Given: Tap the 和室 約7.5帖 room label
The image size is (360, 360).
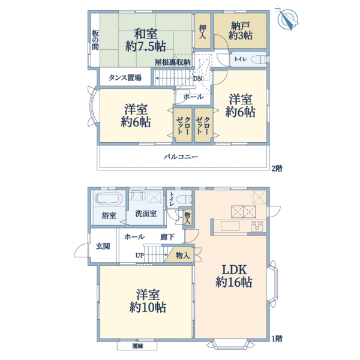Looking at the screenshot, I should (x=146, y=38).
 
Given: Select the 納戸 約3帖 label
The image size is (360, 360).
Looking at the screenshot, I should (x=241, y=31).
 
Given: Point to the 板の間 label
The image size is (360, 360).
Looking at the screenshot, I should (x=95, y=40).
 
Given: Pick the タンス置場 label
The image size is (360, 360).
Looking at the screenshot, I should (x=125, y=77).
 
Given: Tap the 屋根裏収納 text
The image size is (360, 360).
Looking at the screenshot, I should (x=172, y=62).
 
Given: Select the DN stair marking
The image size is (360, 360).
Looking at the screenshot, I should (x=197, y=79).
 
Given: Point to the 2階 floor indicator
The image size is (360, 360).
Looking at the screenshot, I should (x=275, y=169).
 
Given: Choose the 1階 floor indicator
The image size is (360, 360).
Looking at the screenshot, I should (x=275, y=339).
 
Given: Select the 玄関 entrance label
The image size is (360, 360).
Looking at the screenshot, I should (x=103, y=246).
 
